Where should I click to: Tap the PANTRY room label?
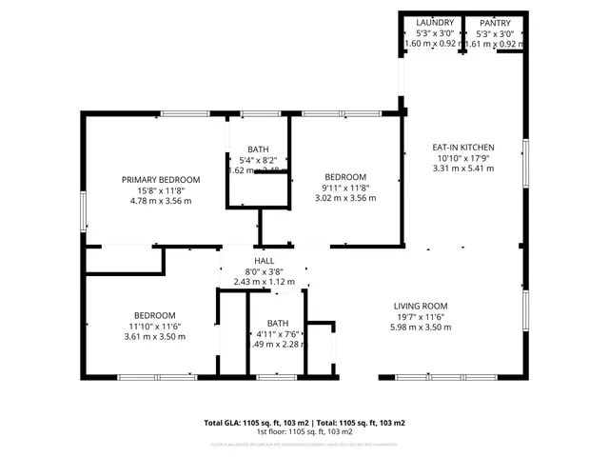[495, 23]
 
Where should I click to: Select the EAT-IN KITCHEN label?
[463, 148]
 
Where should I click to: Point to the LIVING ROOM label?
[421, 306]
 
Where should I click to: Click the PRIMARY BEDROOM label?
[161, 180]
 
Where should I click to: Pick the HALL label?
[264, 261]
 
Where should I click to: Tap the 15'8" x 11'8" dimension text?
[161, 190]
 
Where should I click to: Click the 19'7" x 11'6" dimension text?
[421, 317]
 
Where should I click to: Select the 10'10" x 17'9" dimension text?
[463, 158]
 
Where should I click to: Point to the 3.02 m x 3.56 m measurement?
[345, 198]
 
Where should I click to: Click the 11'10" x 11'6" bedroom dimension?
[153, 327]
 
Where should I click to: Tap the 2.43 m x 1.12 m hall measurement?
[264, 282]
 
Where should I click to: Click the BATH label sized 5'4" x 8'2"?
[258, 149]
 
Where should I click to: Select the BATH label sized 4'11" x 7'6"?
[277, 323]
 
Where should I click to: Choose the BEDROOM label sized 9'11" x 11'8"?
[345, 177]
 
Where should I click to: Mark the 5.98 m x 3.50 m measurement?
[421, 328]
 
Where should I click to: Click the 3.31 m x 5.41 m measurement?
[463, 169]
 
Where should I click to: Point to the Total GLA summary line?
[304, 422]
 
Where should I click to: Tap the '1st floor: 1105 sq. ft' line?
[304, 431]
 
